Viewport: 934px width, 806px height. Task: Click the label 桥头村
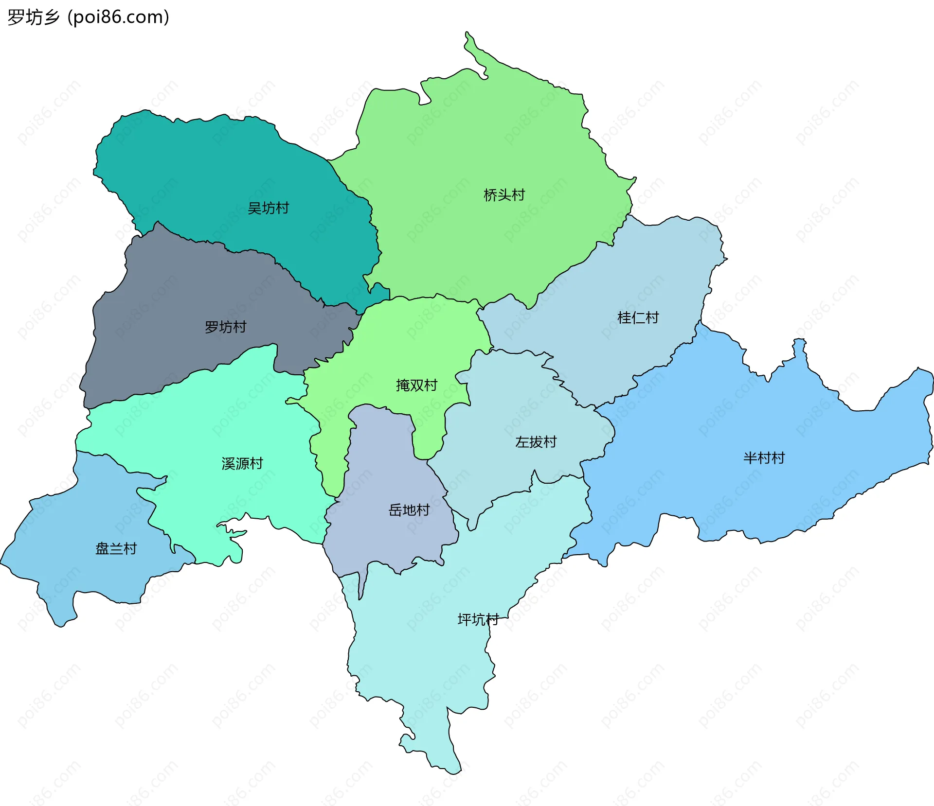coord(504,195)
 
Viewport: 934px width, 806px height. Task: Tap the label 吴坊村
coord(268,208)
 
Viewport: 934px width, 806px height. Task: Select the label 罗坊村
coord(225,327)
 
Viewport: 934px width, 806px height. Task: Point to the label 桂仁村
coord(638,317)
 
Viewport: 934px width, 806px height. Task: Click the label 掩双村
coord(416,385)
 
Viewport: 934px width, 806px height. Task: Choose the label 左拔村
coord(536,442)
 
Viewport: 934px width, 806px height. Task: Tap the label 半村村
coord(764,457)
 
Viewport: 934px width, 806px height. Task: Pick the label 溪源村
coord(242,463)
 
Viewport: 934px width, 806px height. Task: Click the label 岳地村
coord(409,510)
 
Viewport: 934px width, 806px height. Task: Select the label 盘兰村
coord(116,548)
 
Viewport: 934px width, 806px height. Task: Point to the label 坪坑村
coord(478,619)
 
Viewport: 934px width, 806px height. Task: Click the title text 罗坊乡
coord(34,17)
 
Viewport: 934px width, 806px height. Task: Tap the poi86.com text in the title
coord(118,17)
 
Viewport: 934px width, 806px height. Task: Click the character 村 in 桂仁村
coord(652,317)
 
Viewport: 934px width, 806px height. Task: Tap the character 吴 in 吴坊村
coord(254,208)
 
